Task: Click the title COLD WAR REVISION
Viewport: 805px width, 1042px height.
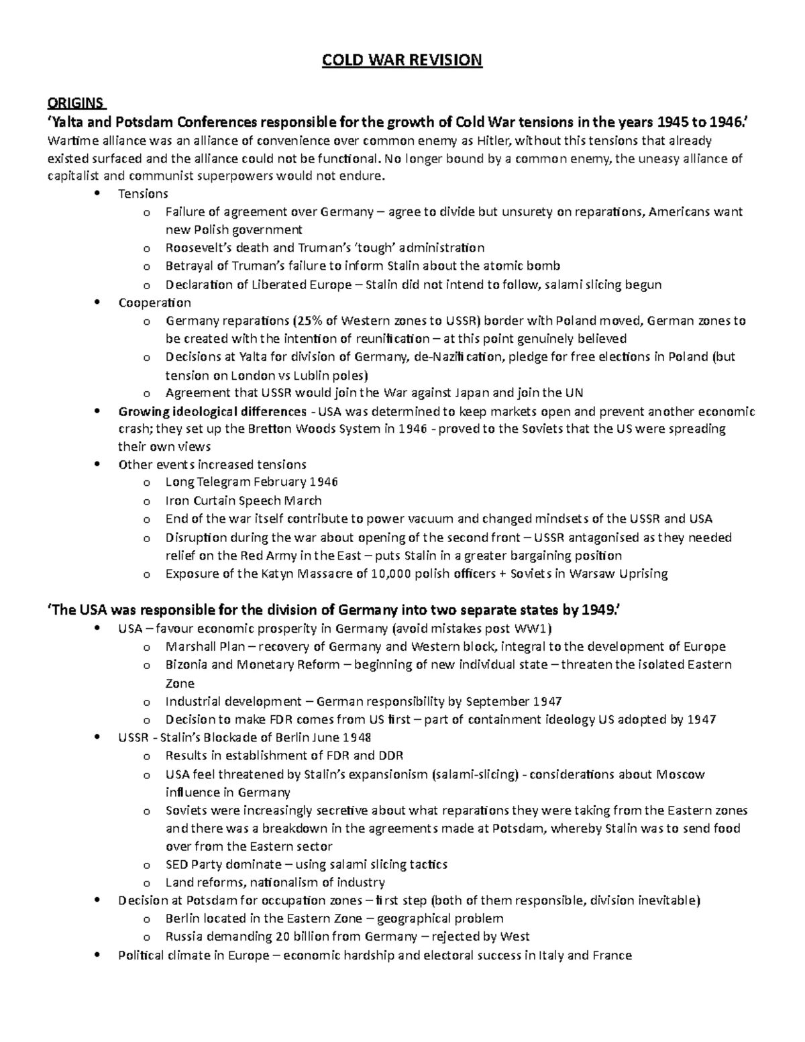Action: pos(402,60)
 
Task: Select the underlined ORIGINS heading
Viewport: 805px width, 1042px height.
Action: pos(75,103)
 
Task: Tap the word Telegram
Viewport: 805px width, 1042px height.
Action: pos(223,482)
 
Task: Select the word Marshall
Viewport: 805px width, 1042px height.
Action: pos(191,647)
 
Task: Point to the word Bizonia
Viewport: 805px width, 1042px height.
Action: pos(187,665)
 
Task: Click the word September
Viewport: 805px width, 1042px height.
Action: pos(498,702)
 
